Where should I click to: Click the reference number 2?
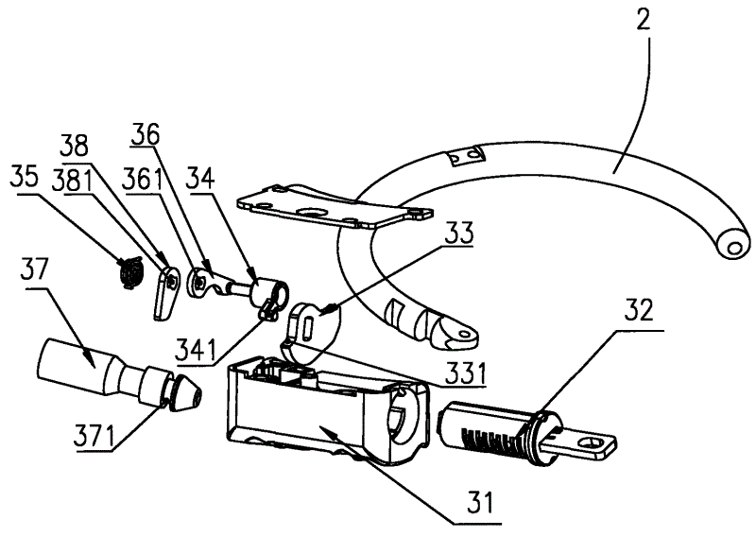[643, 18]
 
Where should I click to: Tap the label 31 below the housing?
[480, 502]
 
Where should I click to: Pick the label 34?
[201, 178]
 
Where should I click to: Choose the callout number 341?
[197, 349]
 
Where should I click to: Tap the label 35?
[24, 178]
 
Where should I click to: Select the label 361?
[144, 177]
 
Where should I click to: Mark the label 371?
[94, 436]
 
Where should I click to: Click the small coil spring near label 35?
[130, 272]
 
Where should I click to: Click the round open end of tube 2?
[733, 244]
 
